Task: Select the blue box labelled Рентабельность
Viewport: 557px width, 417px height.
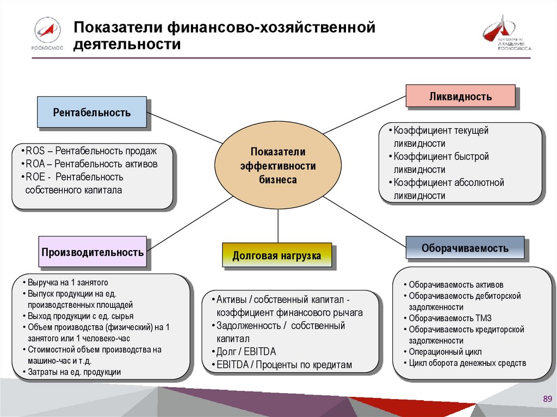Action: click(x=92, y=113)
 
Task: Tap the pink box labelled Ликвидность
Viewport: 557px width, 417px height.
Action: click(x=460, y=96)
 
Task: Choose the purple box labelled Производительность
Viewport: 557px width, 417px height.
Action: click(x=92, y=252)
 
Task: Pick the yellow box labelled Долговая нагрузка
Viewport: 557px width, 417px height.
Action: click(x=276, y=255)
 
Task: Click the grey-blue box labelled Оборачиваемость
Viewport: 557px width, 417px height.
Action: click(x=465, y=248)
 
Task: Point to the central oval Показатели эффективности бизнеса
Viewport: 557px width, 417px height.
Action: click(x=278, y=165)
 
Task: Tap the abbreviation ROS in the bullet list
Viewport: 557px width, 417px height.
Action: click(x=35, y=151)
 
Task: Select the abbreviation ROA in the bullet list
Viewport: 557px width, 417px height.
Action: click(x=35, y=164)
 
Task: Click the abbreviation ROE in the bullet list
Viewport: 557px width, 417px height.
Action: click(x=35, y=177)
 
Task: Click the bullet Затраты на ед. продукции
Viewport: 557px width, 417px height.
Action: click(x=75, y=372)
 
